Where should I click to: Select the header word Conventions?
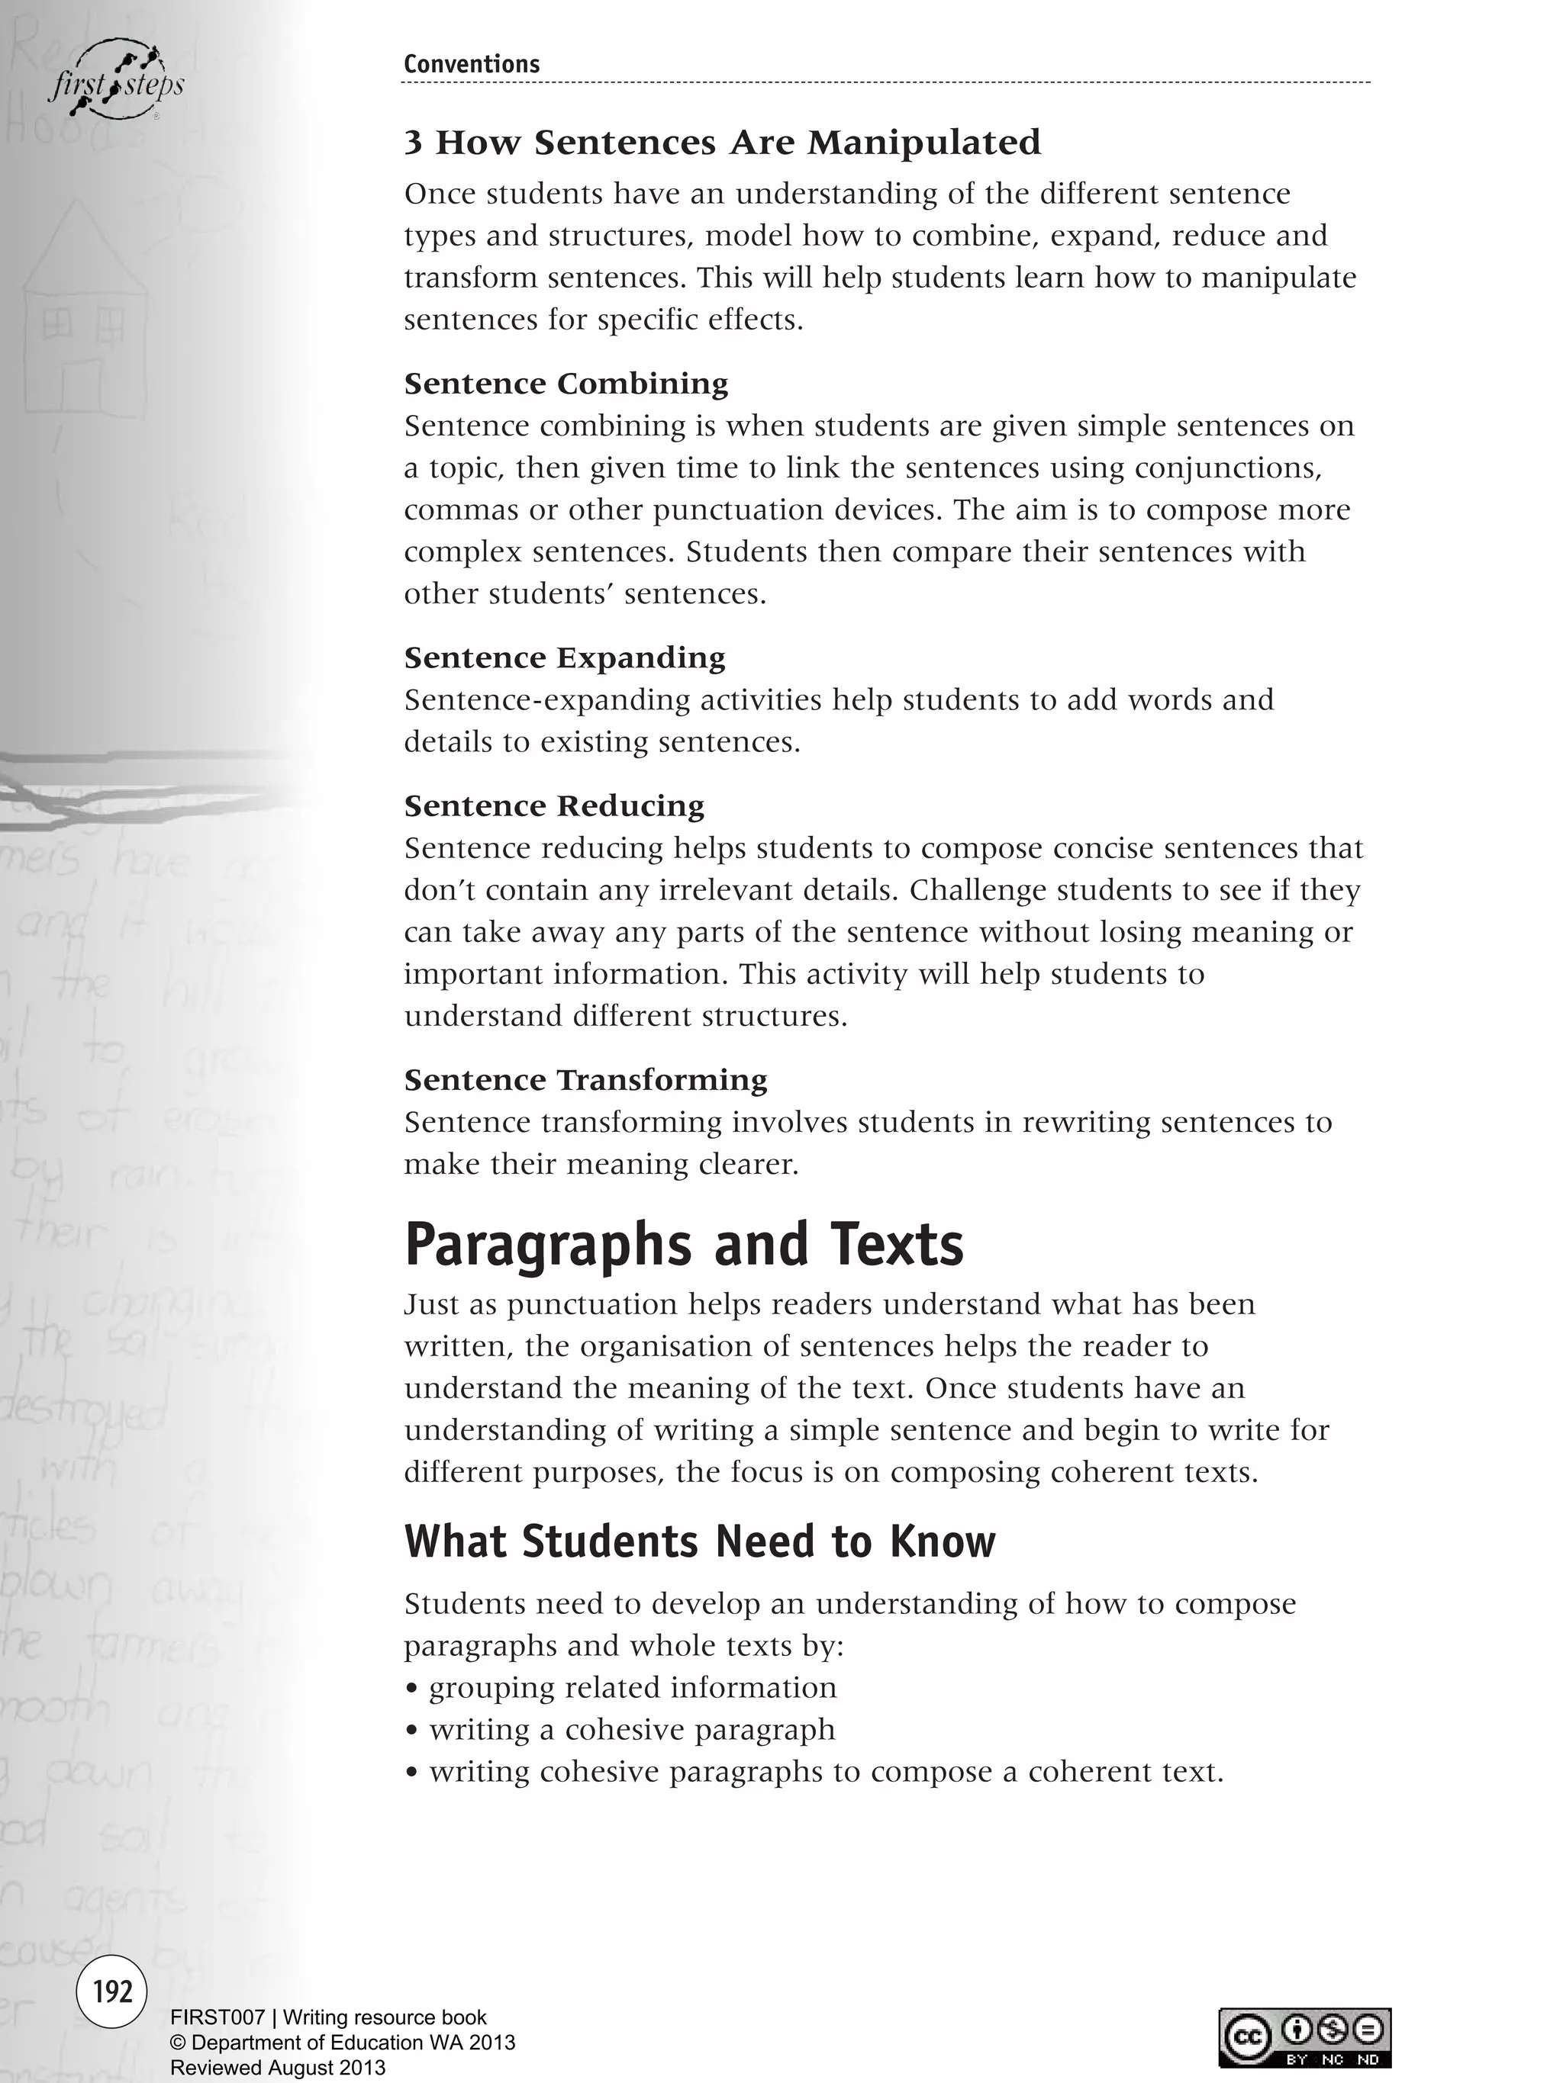[471, 64]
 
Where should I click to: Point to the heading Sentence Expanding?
[564, 657]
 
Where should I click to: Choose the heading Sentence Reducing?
[554, 806]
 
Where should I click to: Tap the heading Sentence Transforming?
[585, 1079]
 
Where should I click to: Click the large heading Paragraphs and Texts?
[684, 1244]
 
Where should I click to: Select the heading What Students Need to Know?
[699, 1541]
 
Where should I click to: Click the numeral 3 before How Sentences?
[413, 143]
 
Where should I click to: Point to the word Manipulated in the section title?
[923, 143]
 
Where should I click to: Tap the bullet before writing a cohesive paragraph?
[411, 1731]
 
